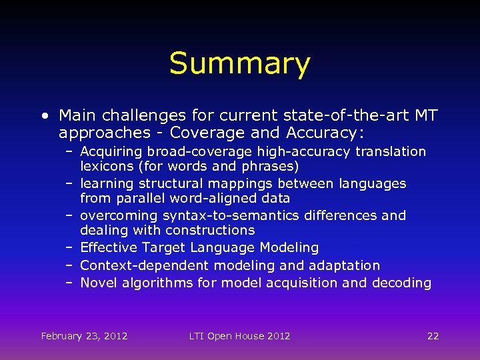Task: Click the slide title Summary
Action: (239, 64)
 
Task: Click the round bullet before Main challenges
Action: (44, 116)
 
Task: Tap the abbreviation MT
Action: (425, 116)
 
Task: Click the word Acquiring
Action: (111, 152)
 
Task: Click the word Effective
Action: (107, 248)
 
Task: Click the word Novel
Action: (99, 283)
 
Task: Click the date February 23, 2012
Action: (84, 336)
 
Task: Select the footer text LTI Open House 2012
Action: (239, 336)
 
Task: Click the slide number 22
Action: (433, 336)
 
